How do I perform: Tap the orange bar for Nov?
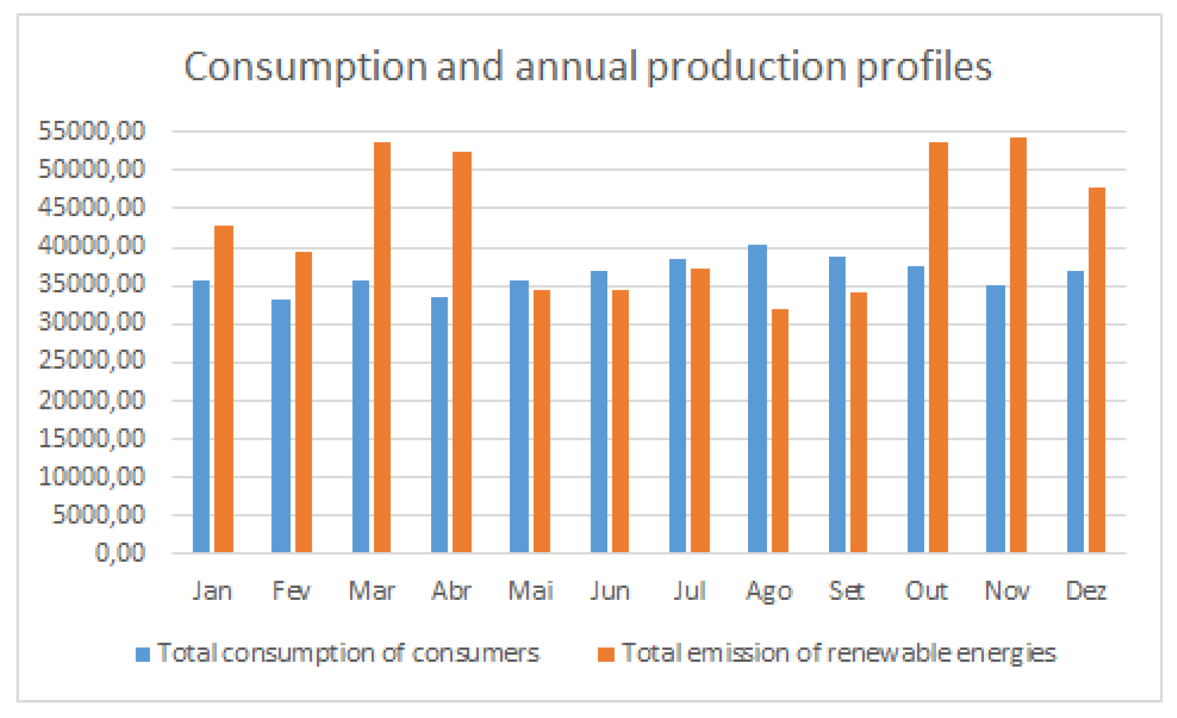(1018, 345)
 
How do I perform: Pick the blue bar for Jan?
(201, 416)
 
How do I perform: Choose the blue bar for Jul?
(677, 406)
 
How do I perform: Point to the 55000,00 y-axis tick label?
(91, 131)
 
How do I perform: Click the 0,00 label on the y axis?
(120, 553)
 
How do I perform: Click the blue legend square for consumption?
(143, 654)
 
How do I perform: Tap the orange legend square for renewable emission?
(606, 654)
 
